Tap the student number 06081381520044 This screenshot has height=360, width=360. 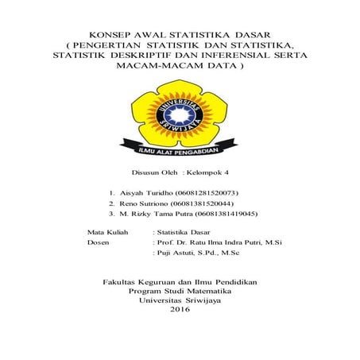pos(201,203)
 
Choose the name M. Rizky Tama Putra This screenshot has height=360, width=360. pos(159,214)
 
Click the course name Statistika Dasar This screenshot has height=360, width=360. pos(184,230)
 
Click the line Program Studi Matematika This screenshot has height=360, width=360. pos(180,291)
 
